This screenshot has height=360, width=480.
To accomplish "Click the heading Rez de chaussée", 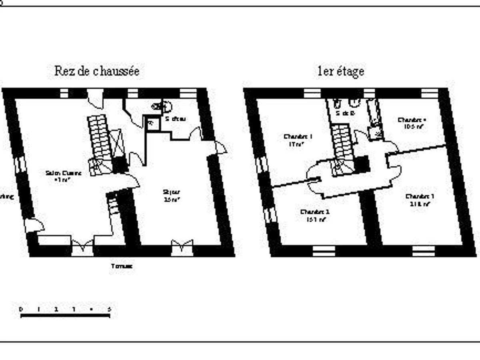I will point(97,72).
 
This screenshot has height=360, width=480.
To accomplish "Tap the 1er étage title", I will point(341,72).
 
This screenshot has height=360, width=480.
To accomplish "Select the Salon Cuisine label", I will point(64,173).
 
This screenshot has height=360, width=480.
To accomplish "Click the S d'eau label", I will point(175,119).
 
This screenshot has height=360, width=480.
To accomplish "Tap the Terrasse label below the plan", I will point(122,266).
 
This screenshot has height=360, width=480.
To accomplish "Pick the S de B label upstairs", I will point(345,113).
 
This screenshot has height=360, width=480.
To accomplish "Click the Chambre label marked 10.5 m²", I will point(412,120).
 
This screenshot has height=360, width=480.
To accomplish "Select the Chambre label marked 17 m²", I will point(298,137).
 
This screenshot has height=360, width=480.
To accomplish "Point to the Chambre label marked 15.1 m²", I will point(315,212).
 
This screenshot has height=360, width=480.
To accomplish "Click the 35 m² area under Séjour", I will point(171,199).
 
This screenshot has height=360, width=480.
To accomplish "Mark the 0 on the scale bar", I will point(21,309).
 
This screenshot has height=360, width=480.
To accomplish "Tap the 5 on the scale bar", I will point(109,309).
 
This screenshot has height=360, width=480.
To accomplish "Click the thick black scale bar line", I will point(65,316).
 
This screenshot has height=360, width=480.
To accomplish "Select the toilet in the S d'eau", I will point(162,106).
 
